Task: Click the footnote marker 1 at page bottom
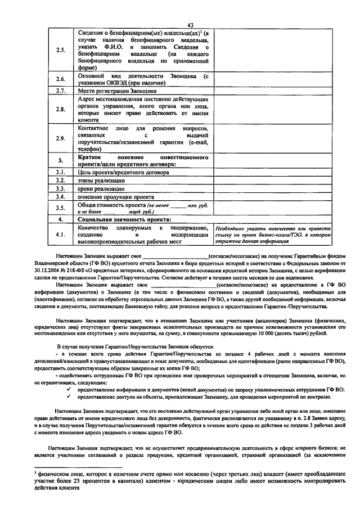(x=35, y=474)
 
